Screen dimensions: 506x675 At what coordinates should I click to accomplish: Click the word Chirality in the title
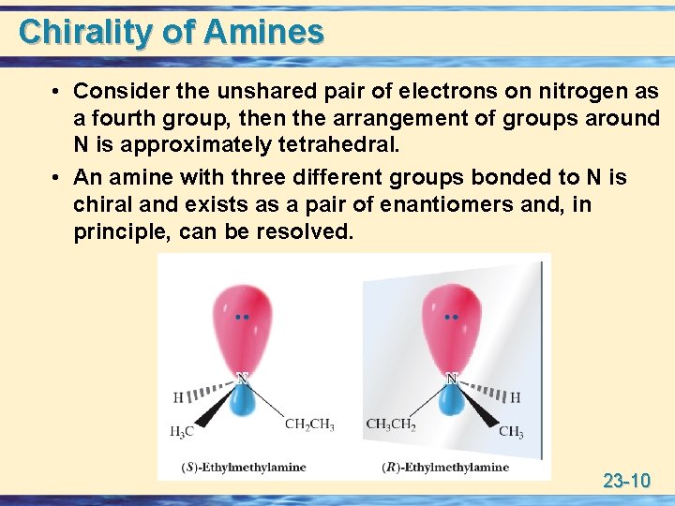(85, 32)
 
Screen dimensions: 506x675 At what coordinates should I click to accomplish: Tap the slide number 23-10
(626, 482)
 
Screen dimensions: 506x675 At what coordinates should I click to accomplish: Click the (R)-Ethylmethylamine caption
(447, 467)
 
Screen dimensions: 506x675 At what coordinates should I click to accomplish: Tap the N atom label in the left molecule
(243, 379)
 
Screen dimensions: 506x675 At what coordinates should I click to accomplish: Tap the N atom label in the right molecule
(451, 379)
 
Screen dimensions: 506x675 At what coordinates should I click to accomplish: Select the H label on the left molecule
(178, 397)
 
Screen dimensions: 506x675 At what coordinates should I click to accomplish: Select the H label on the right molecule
(515, 397)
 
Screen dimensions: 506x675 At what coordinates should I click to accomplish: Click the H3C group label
(183, 432)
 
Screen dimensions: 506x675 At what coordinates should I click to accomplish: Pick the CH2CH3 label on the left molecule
(308, 424)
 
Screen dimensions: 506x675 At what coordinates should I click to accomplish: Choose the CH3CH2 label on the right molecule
(391, 424)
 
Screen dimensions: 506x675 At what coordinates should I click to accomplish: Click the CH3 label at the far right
(511, 432)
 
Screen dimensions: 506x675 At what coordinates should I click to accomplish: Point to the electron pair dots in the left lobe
(243, 318)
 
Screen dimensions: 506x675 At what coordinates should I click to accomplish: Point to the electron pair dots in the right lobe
(451, 318)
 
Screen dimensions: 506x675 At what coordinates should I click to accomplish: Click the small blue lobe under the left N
(243, 400)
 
